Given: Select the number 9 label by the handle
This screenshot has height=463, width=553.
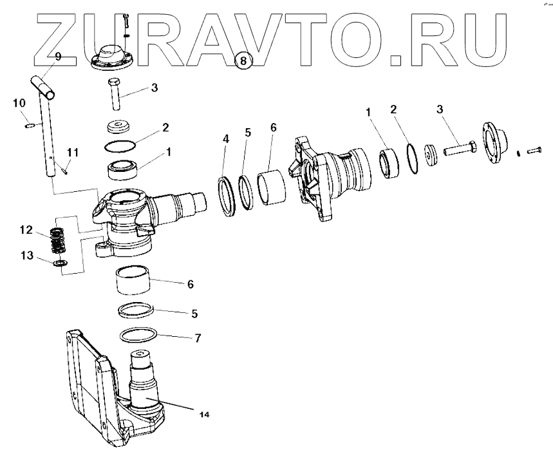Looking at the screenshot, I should click(58, 57).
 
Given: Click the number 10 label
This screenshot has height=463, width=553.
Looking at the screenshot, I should click(19, 102).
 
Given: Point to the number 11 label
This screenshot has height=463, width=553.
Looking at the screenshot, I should click(73, 152).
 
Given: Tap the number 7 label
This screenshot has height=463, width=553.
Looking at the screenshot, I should click(198, 337).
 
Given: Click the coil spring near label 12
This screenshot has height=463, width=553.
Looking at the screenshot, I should click(59, 240).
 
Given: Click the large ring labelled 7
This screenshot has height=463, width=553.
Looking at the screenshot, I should click(138, 336).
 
